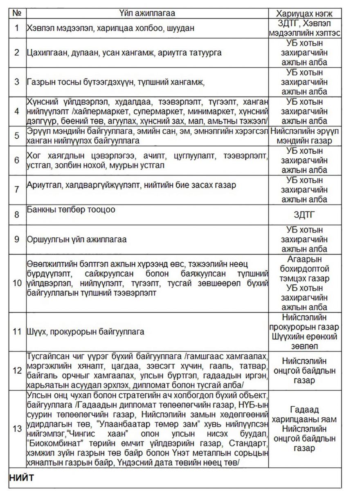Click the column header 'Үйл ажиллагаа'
pyautogui.click(x=147, y=13)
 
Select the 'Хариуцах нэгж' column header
pyautogui.click(x=304, y=13)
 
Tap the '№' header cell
pyautogui.click(x=17, y=13)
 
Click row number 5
pyautogui.click(x=17, y=135)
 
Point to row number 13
pyautogui.click(x=17, y=429)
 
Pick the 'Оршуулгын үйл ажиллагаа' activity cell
pyautogui.click(x=76, y=239)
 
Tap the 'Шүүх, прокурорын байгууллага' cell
pyautogui.click(x=85, y=331)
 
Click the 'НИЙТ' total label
pyautogui.click(x=21, y=478)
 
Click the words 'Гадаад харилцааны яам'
pyautogui.click(x=304, y=414)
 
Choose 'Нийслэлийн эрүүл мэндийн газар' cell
pyautogui.click(x=304, y=135)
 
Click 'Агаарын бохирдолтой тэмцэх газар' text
pyautogui.click(x=304, y=269)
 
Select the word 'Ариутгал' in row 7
pyautogui.click(x=43, y=185)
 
